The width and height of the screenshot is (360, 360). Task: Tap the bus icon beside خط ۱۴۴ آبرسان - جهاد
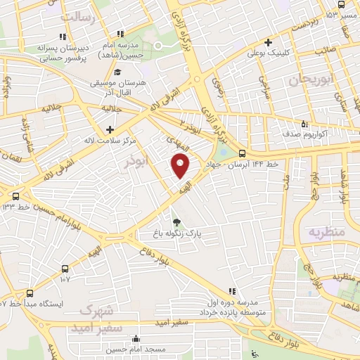[242, 154]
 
